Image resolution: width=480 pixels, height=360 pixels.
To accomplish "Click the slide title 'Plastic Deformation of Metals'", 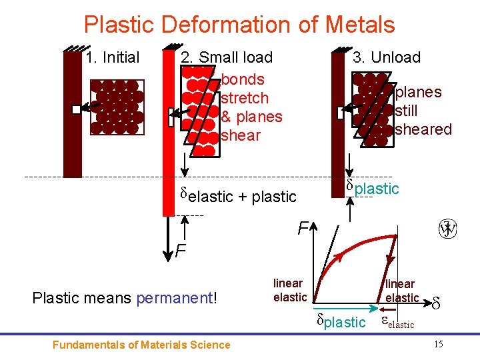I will point(239,25).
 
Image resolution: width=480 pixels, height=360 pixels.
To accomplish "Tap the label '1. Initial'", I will point(113,58).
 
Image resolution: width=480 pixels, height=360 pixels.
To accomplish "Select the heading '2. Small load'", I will point(227,58).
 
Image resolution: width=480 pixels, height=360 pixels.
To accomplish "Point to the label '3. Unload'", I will point(387,58).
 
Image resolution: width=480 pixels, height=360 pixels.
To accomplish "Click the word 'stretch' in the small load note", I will point(245,98).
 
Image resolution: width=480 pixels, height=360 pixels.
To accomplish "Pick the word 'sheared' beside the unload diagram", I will point(423,129).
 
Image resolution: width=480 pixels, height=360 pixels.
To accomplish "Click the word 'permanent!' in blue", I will point(177,297).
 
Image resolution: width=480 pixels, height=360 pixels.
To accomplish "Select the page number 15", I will point(438,344).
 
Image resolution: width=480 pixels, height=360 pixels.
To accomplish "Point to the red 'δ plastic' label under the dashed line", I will point(372,188).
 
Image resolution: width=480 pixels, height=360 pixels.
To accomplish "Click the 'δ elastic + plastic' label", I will point(238,195).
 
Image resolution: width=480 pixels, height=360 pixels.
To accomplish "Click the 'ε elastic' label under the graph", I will point(397,323).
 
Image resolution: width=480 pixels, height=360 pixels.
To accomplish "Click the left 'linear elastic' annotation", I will point(289,291).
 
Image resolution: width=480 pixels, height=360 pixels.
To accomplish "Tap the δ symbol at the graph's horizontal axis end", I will point(436,304).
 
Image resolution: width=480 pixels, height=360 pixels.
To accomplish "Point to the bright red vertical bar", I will point(168,133).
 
